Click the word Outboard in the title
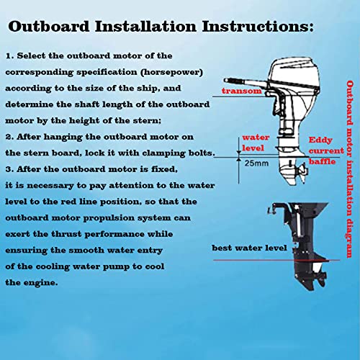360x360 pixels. click(49, 26)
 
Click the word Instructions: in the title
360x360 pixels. click(258, 26)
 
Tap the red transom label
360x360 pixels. click(242, 91)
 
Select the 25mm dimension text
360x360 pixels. click(256, 163)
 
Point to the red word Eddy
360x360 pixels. click(320, 140)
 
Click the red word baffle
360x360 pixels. click(322, 161)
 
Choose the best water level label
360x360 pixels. click(249, 248)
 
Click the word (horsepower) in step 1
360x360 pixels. click(172, 72)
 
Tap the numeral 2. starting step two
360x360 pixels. click(9, 137)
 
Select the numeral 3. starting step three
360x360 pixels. click(9, 169)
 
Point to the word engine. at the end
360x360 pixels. click(43, 283)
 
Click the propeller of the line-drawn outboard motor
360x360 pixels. click(302, 171)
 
